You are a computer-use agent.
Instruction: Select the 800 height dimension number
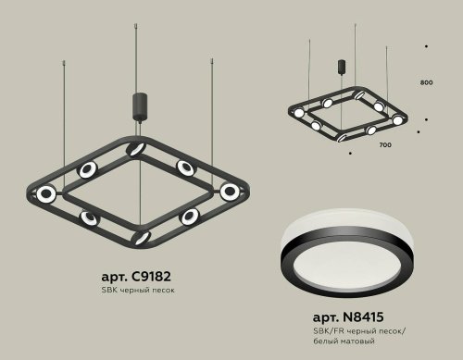pos(426,83)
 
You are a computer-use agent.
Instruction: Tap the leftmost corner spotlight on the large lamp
pos(44,192)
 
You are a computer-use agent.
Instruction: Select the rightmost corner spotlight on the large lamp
pos(229,191)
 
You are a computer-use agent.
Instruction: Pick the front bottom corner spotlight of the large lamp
pos(142,237)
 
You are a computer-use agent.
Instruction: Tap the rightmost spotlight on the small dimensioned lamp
pos(398,120)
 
